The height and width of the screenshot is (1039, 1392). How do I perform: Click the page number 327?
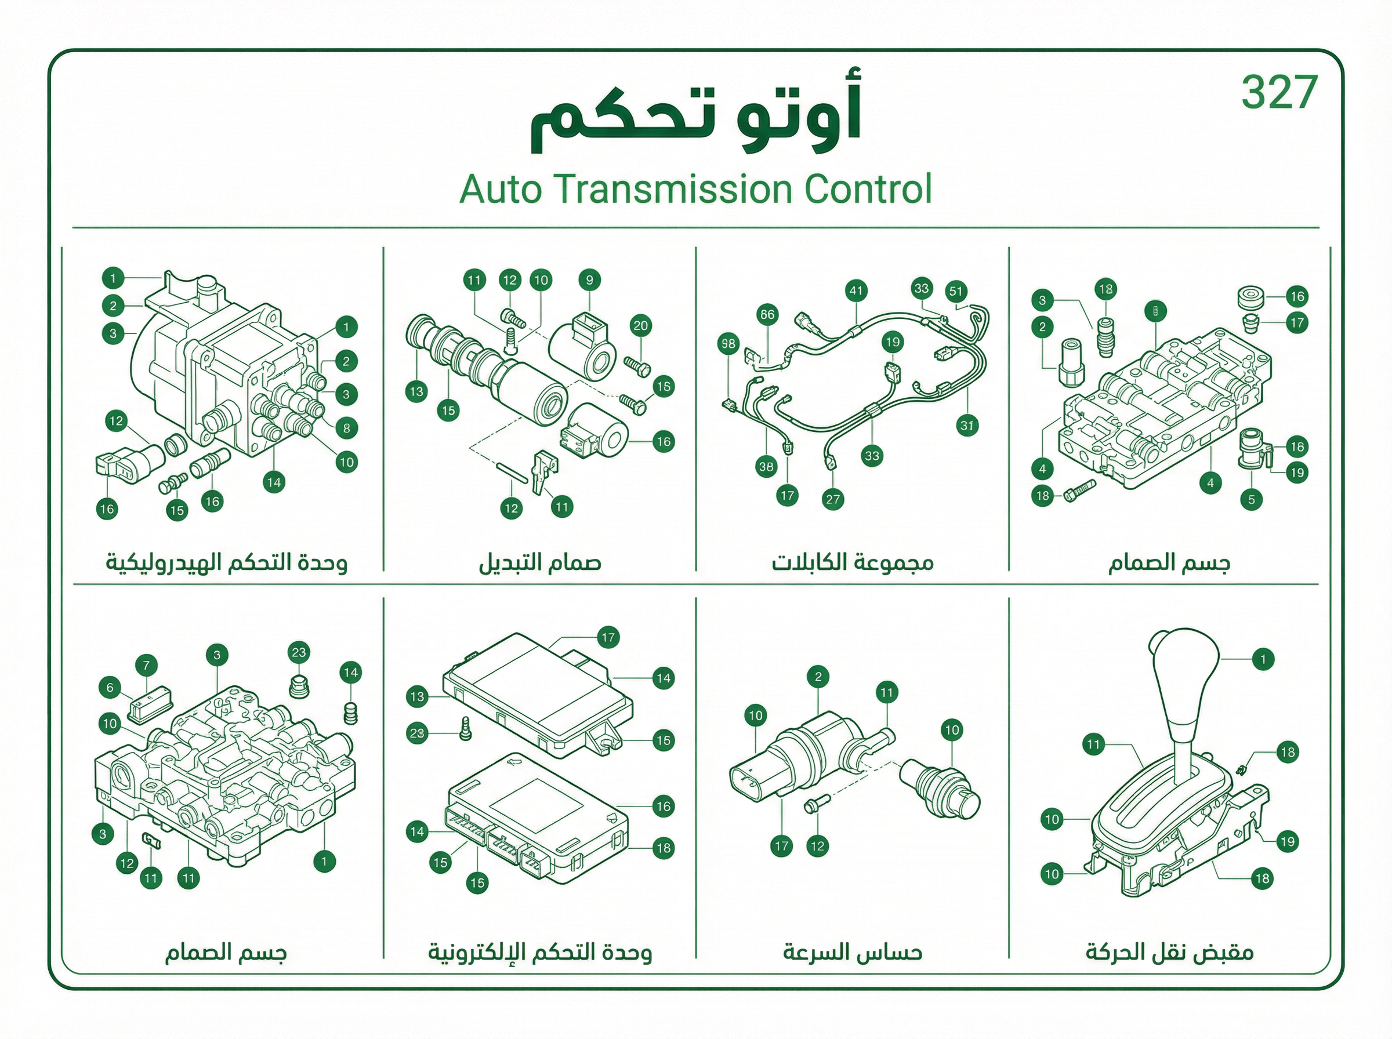coord(1279,92)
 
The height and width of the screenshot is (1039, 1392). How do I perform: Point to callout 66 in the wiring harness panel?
coord(767,314)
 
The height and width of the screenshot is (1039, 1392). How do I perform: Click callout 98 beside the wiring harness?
coord(728,344)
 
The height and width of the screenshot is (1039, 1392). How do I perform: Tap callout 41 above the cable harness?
coord(856,290)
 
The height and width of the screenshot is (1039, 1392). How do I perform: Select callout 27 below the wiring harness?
coord(833,499)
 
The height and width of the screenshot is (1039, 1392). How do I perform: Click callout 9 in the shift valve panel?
coord(589,280)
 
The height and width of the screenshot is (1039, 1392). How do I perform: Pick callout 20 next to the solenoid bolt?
coord(640,326)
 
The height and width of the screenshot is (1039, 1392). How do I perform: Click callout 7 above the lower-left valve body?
coord(147,666)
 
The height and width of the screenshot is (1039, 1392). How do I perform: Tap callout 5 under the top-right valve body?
coord(1252,500)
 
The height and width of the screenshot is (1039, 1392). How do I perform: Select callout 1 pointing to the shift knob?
coord(1263,659)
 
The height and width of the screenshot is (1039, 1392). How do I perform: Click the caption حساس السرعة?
coord(852,952)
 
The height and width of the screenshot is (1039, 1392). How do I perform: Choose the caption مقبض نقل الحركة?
coord(1169,952)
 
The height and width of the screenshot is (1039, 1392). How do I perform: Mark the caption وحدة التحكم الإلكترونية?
coord(540,952)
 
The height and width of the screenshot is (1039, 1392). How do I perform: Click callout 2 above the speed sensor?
coord(818,677)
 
